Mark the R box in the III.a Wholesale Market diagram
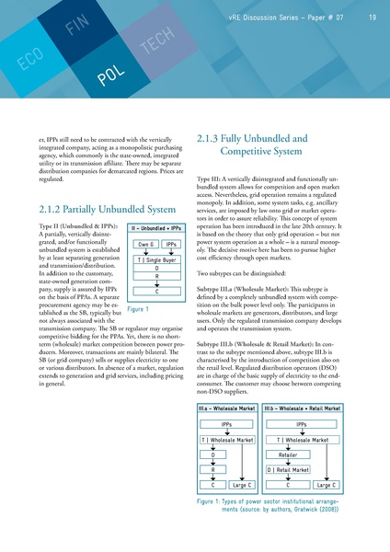(x=212, y=469)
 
